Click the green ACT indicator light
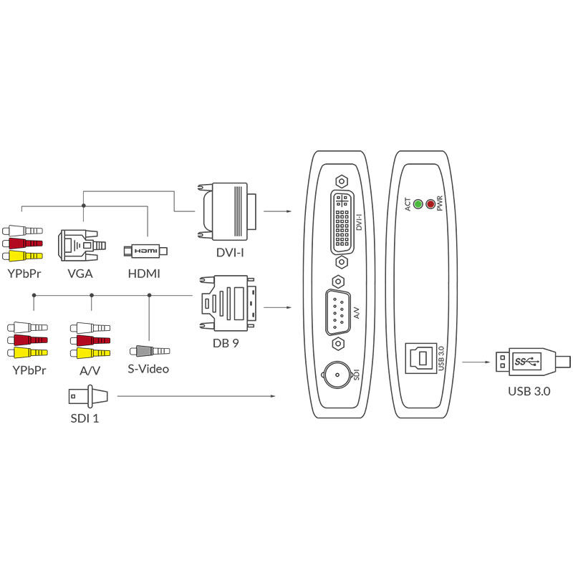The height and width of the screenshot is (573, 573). (418, 204)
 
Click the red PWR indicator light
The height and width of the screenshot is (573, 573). (431, 204)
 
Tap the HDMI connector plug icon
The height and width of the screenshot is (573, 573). (145, 251)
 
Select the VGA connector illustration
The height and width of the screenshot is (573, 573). (82, 245)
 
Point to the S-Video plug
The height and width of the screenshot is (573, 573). (150, 351)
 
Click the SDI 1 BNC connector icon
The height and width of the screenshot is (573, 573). (88, 396)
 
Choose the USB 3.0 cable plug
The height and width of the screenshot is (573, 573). (532, 362)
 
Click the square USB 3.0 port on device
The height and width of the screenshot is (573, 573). (421, 358)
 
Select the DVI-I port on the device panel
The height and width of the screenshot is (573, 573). (342, 222)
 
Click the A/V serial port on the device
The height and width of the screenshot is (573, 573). (338, 312)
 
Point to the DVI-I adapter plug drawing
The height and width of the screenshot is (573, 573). (227, 211)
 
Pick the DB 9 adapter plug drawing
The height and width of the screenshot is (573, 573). (227, 303)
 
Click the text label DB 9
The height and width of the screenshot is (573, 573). (226, 343)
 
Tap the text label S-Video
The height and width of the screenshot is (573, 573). (148, 369)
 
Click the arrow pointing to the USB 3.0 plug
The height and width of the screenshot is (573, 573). (476, 362)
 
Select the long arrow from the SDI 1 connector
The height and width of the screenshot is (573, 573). (196, 396)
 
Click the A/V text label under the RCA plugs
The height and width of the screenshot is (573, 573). (90, 370)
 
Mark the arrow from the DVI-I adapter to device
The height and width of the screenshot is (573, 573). (277, 211)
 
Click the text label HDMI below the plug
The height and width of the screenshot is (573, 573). (144, 274)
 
